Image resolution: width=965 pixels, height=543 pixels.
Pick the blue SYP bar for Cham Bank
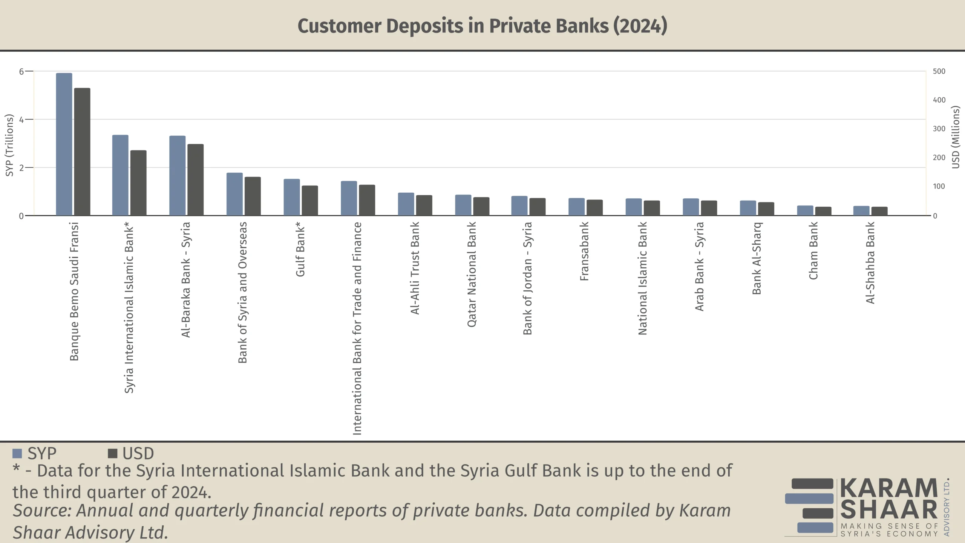coord(805,210)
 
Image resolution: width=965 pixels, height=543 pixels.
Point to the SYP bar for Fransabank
coord(576,207)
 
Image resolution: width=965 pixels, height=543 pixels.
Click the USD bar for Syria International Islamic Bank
coord(138,183)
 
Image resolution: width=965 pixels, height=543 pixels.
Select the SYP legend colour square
coord(17,453)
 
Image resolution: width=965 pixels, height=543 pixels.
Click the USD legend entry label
coord(138,453)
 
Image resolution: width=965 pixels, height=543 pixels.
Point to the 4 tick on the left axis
coord(21,120)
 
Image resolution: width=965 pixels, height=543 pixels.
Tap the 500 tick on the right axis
coord(939,71)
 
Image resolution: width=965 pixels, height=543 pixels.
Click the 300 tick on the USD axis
coord(939,129)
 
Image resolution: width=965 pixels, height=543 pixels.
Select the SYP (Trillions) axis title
coord(9,145)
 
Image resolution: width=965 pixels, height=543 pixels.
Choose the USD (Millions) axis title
coord(955,137)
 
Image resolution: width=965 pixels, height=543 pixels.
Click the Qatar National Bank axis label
coord(472,274)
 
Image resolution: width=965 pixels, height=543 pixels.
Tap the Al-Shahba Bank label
coord(870,262)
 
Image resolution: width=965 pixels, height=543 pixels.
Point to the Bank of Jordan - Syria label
coord(527,278)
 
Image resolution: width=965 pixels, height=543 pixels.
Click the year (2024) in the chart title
coord(640,26)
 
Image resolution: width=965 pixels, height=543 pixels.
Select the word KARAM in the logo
coord(888,488)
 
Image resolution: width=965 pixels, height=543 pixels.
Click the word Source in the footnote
coord(42,511)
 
